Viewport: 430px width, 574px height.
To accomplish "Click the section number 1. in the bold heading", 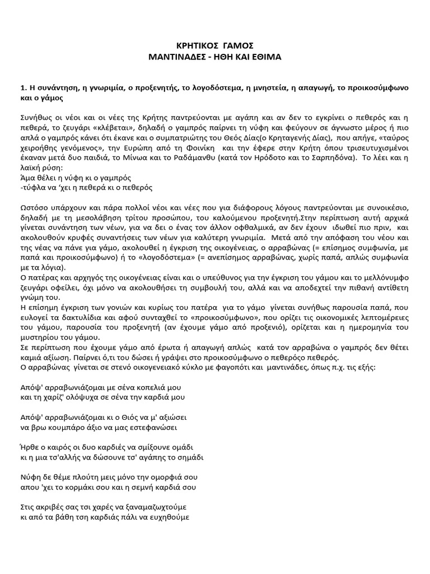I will pos(23,88).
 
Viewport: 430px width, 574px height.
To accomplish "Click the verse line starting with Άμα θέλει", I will pos(75,178).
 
